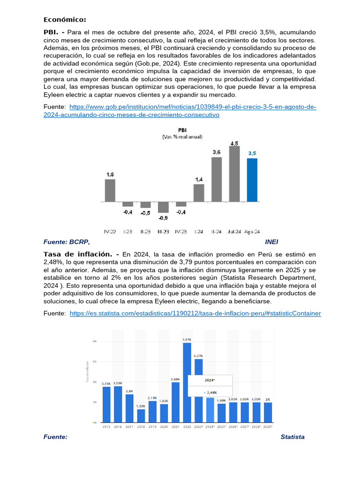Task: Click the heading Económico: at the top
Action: [x=65, y=20]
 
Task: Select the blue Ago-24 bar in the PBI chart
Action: [x=252, y=180]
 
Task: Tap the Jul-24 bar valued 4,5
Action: [x=234, y=174]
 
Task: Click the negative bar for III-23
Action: [x=163, y=207]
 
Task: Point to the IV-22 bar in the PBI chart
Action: [x=110, y=190]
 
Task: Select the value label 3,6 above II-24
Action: [x=217, y=152]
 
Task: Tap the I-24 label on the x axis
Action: [x=199, y=232]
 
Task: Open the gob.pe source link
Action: [x=193, y=111]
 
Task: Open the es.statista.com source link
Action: [x=195, y=313]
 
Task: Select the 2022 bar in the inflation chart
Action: [x=187, y=382]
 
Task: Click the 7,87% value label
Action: [x=187, y=339]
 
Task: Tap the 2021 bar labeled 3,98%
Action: [x=176, y=402]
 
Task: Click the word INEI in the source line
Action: [x=272, y=242]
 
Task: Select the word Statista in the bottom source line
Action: [x=292, y=437]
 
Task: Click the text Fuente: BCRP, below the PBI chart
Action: [x=66, y=242]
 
